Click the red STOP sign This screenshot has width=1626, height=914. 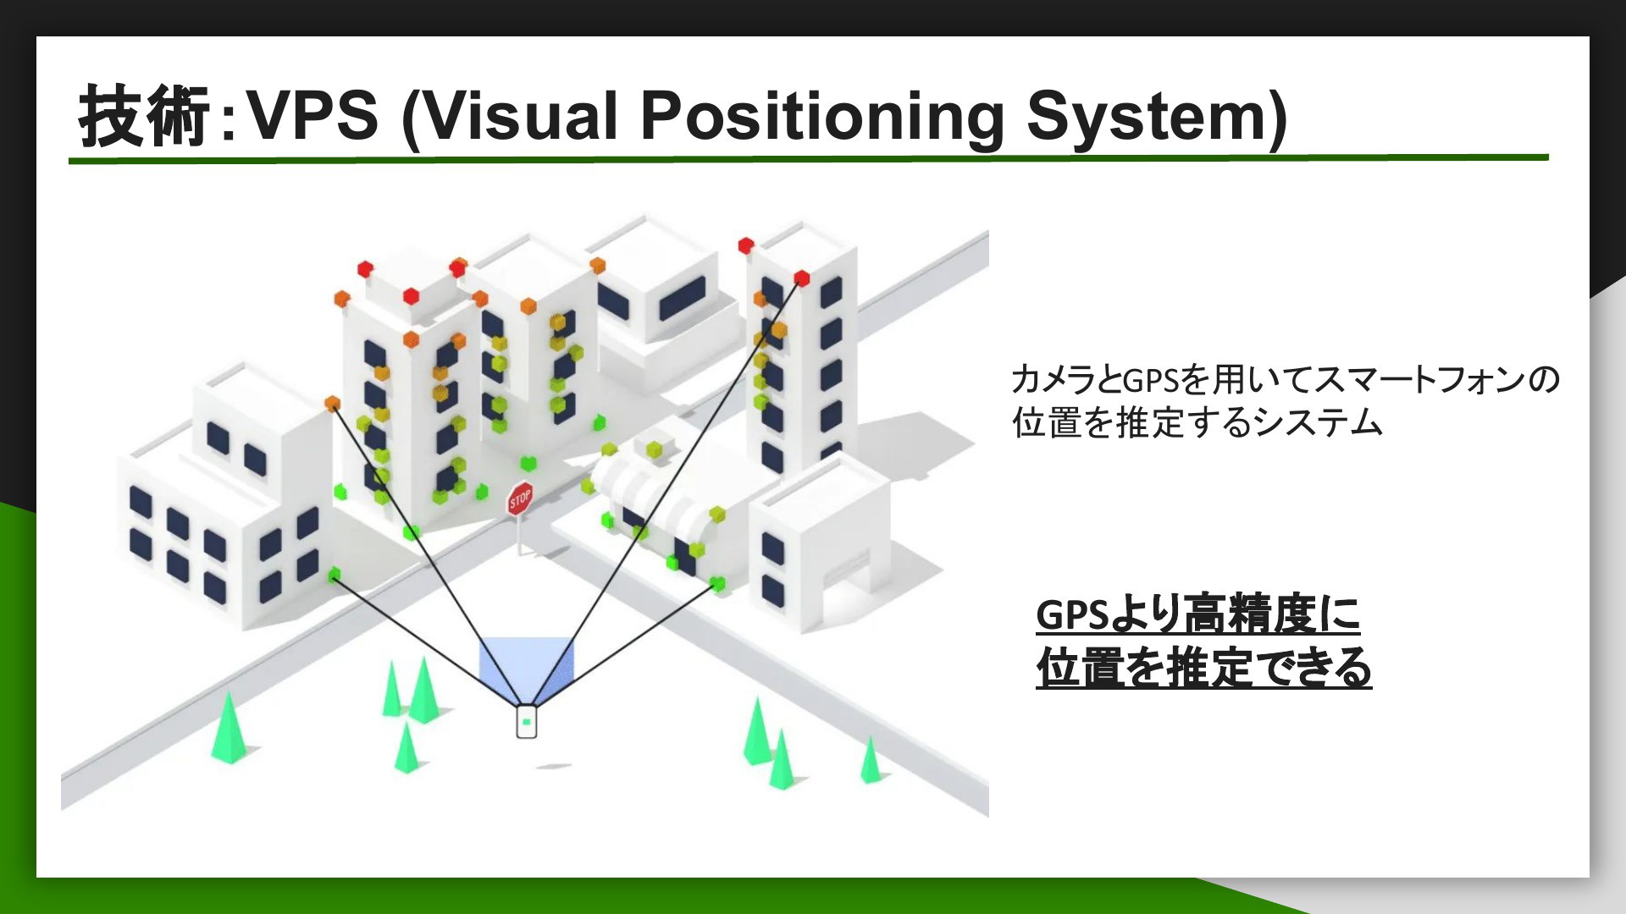pyautogui.click(x=519, y=498)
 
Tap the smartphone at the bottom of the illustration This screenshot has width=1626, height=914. pyautogui.click(x=527, y=721)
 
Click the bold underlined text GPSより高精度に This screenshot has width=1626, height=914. pyautogui.click(x=1197, y=615)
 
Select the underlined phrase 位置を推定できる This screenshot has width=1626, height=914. pyautogui.click(x=1203, y=669)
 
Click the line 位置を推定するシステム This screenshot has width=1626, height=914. pyautogui.click(x=1197, y=422)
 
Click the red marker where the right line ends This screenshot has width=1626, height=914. pyautogui.click(x=801, y=278)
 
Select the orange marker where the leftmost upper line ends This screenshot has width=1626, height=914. pyautogui.click(x=332, y=403)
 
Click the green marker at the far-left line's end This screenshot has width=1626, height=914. pyautogui.click(x=334, y=575)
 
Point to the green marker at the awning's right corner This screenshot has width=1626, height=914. pyautogui.click(x=717, y=582)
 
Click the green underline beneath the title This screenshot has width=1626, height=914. pyautogui.click(x=809, y=158)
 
